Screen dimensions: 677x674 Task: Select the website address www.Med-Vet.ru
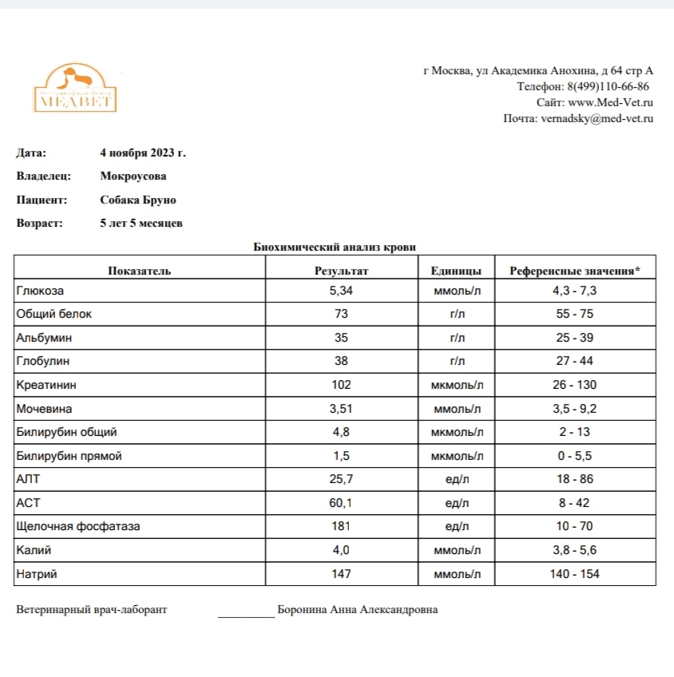point(611,102)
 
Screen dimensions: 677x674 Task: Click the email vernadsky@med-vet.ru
point(597,118)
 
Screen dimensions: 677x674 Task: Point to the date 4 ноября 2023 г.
point(143,152)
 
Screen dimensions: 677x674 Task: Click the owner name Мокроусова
point(133,176)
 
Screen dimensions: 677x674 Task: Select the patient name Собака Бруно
point(138,200)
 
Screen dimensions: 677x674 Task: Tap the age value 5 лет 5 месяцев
point(141,224)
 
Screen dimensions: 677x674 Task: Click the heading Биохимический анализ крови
point(335,247)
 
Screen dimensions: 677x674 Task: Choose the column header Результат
point(342,271)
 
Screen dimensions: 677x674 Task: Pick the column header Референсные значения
point(575,271)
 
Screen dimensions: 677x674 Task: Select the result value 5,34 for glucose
point(341,291)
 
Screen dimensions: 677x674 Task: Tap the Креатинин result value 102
point(341,385)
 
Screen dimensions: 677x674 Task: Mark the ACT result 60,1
point(341,503)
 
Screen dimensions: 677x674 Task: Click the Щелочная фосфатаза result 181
point(341,527)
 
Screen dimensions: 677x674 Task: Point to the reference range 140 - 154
point(575,574)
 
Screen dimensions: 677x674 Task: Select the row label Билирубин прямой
point(69,456)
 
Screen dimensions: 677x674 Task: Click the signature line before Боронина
point(246,613)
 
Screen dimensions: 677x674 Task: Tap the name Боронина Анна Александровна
point(357,610)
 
